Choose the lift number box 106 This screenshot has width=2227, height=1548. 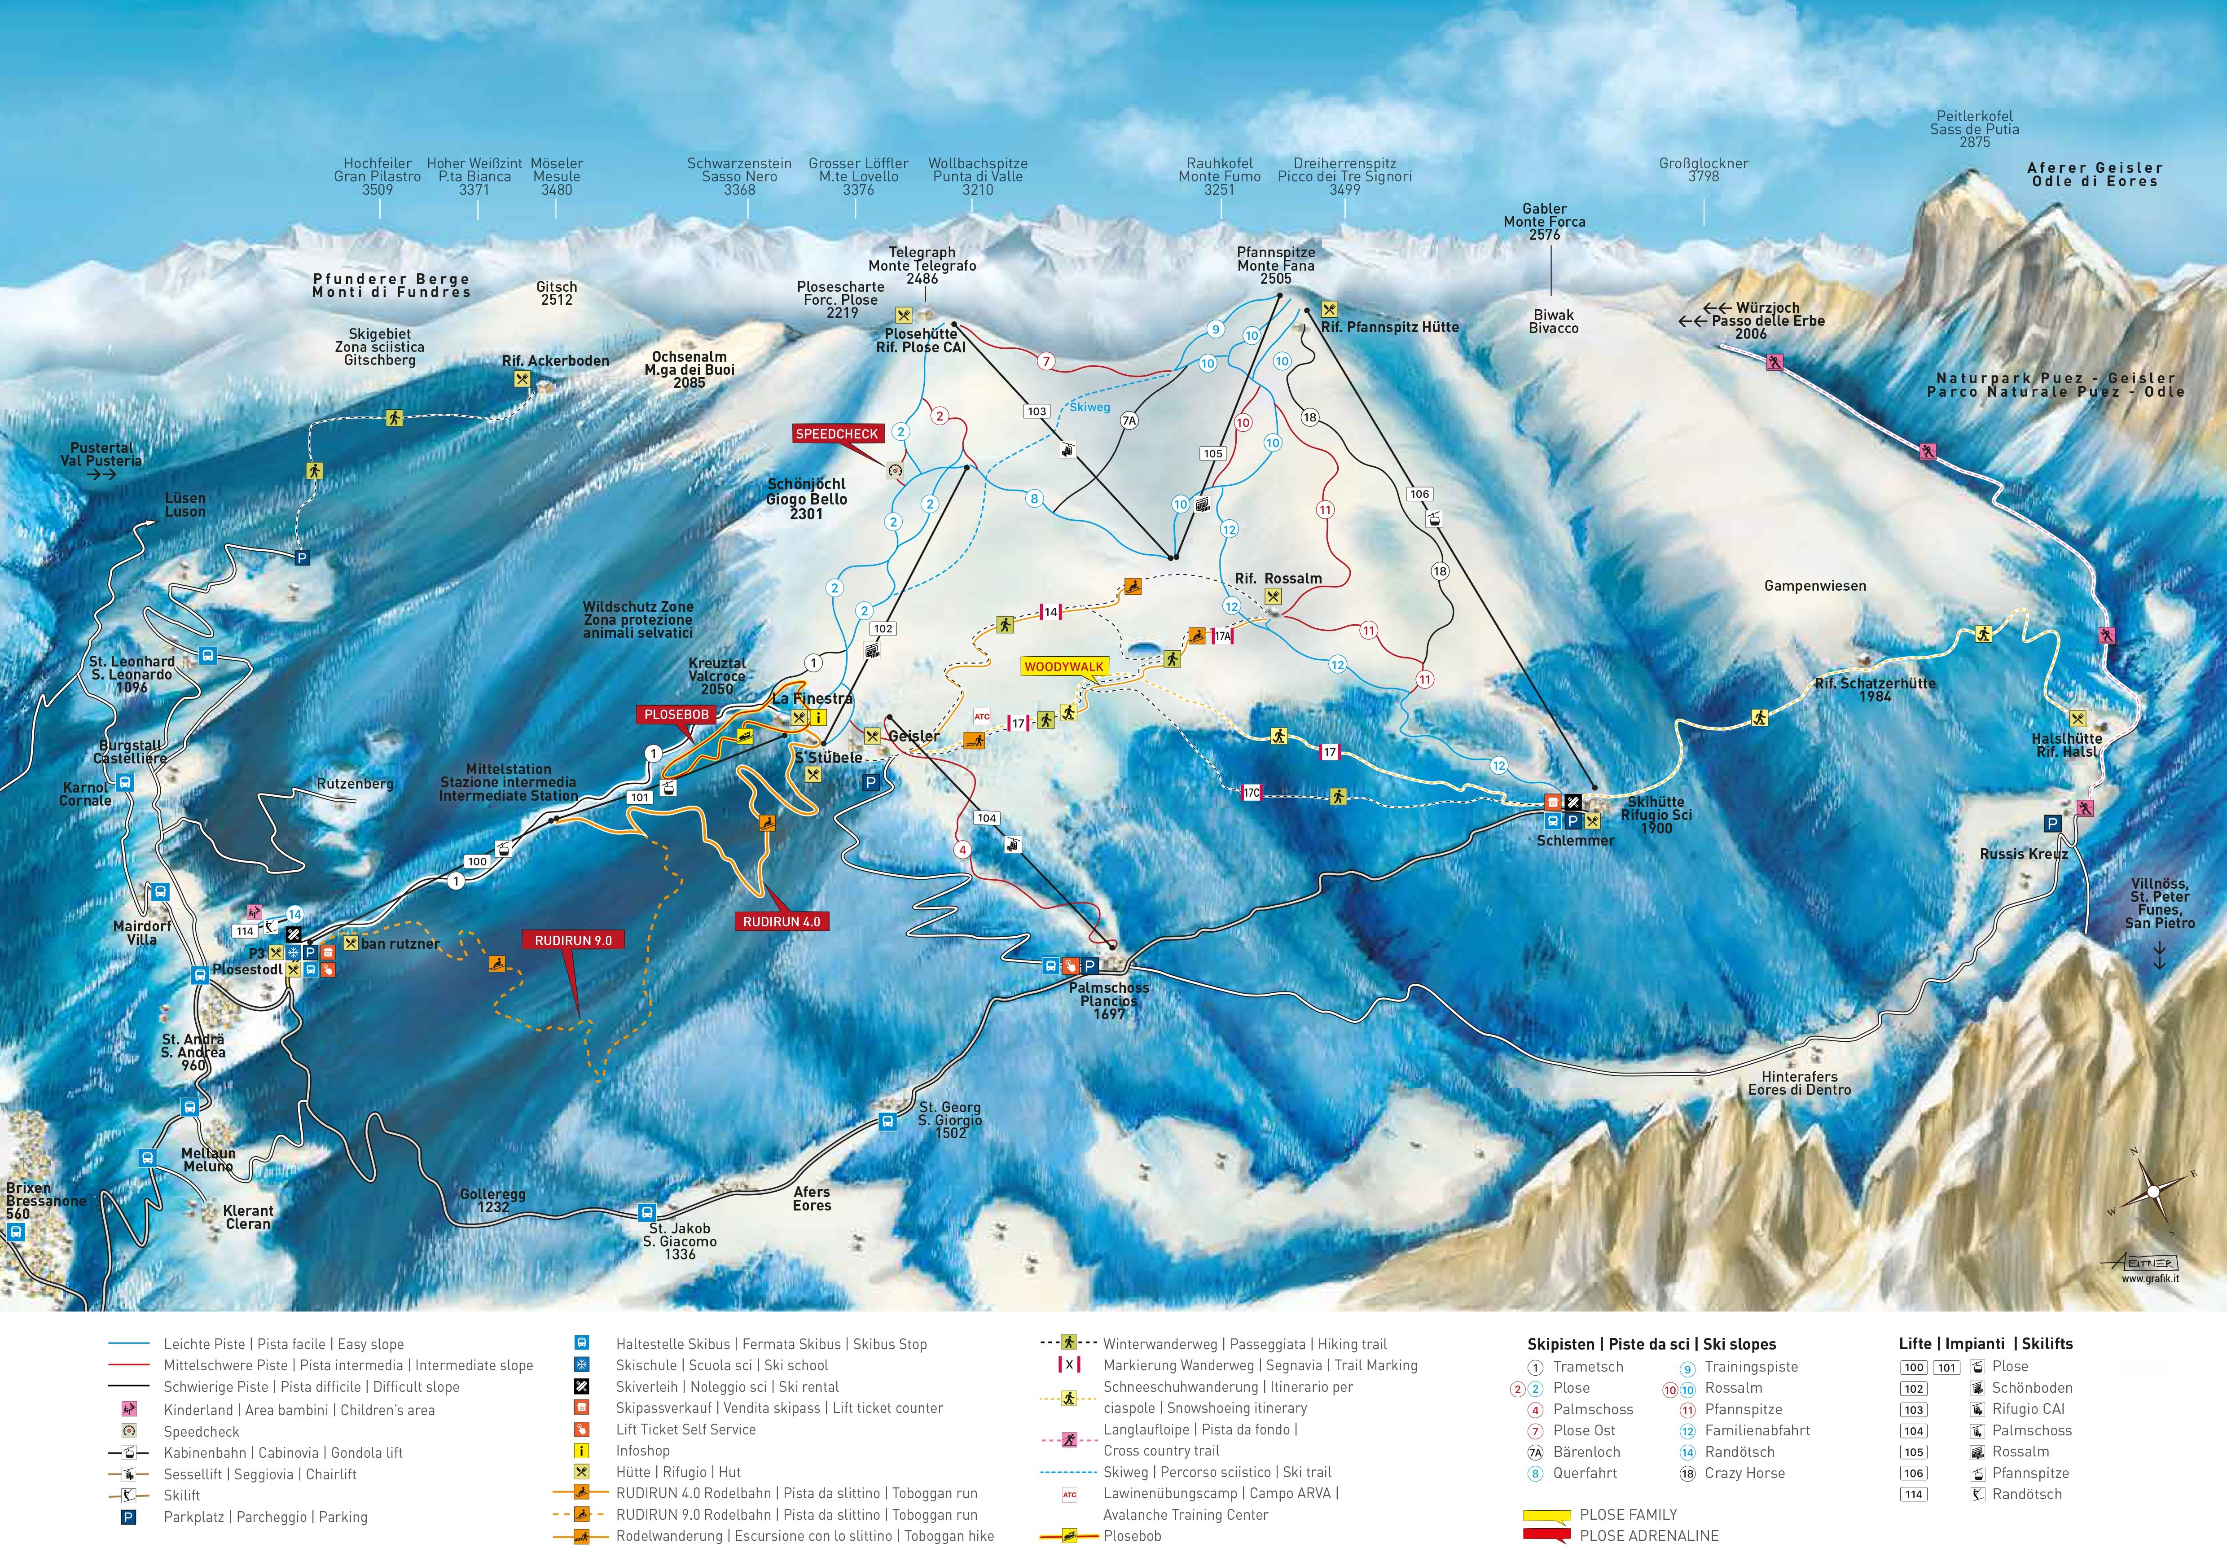click(x=1419, y=494)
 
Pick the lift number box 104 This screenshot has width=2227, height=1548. click(x=986, y=818)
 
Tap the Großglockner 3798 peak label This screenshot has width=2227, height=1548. click(x=1703, y=170)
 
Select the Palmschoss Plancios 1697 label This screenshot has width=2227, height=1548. click(x=1109, y=1001)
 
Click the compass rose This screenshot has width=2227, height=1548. click(x=2152, y=1191)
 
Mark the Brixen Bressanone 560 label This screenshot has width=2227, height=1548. click(x=46, y=1201)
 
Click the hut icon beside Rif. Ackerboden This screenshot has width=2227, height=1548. click(x=522, y=379)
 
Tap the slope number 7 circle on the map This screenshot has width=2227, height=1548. click(x=1045, y=362)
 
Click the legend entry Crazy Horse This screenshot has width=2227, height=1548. click(x=1743, y=1473)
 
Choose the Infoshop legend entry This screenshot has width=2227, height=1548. click(x=642, y=1451)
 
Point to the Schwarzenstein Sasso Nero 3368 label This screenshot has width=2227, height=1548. click(x=739, y=176)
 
